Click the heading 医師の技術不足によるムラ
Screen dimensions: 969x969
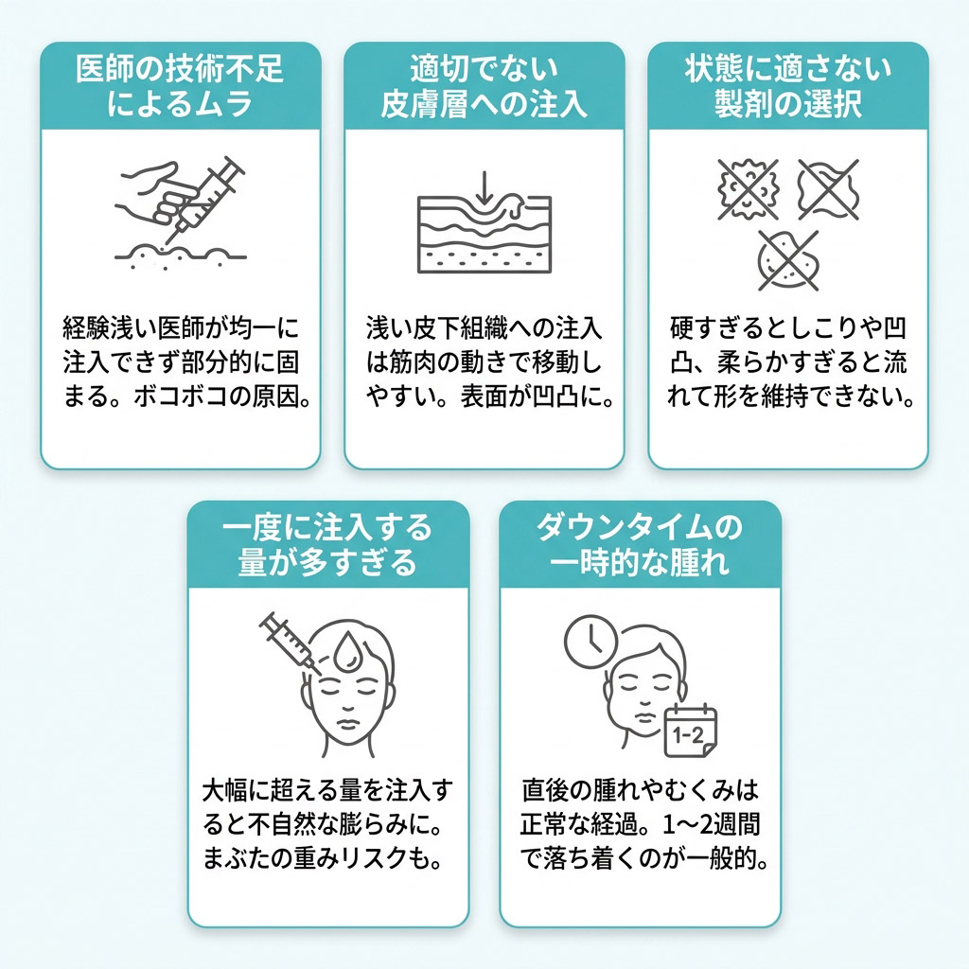click(x=180, y=86)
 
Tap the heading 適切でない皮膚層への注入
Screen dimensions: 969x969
click(x=484, y=86)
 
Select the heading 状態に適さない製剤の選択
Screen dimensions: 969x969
click(x=788, y=86)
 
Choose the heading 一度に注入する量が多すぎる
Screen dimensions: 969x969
click(x=327, y=544)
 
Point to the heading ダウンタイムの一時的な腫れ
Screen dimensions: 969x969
click(x=640, y=544)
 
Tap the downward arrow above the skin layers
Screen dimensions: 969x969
click(x=484, y=187)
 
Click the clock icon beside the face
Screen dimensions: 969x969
click(x=590, y=642)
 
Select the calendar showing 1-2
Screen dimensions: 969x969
click(x=690, y=731)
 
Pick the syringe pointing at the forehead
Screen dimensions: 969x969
click(x=290, y=643)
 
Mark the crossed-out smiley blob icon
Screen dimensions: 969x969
click(x=748, y=189)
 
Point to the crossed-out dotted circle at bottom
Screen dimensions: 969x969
click(x=788, y=260)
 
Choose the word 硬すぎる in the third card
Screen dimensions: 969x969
click(x=718, y=328)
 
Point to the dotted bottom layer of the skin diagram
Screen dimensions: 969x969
click(x=484, y=259)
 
